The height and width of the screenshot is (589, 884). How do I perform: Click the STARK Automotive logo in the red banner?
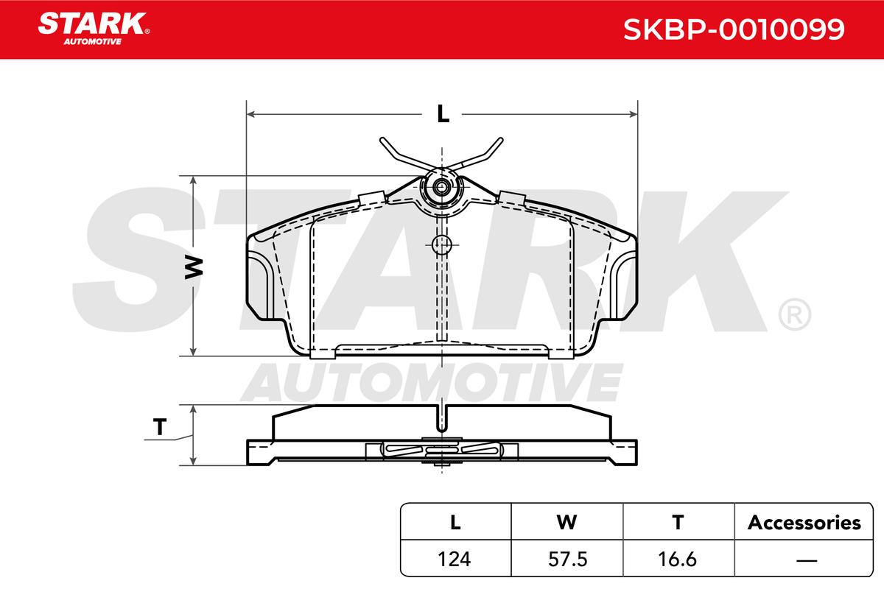tap(94, 29)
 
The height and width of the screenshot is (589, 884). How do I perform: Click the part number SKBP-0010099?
tap(734, 29)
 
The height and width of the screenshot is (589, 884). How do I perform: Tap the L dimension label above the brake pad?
tap(443, 114)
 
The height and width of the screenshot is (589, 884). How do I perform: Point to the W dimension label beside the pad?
tap(194, 267)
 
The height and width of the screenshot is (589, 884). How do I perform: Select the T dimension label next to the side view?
tap(160, 427)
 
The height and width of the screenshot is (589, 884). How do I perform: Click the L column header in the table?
tap(455, 522)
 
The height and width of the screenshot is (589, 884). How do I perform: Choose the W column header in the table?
tap(566, 522)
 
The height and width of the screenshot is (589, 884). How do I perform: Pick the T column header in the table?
tap(678, 522)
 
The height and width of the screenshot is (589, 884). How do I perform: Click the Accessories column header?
tap(804, 523)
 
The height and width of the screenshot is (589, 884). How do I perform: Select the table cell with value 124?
tap(455, 559)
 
